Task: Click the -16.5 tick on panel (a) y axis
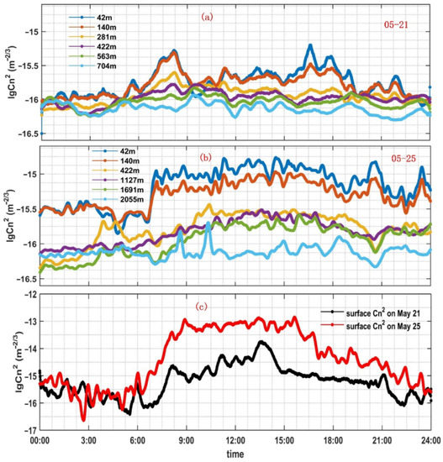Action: (25, 134)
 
